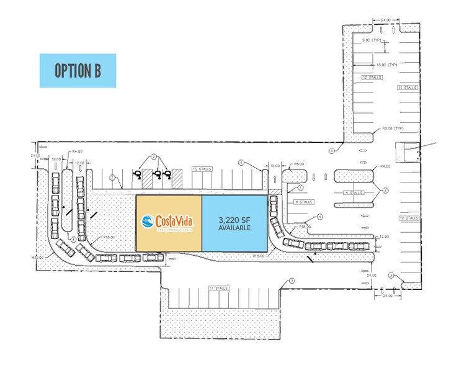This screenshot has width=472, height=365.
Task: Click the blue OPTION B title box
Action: click(78, 70)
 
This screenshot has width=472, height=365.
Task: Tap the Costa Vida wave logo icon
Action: click(147, 220)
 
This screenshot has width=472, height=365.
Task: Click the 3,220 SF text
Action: click(234, 220)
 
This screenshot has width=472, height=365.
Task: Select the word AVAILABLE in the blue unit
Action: click(234, 228)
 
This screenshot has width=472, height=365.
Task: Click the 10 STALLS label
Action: click(372, 78)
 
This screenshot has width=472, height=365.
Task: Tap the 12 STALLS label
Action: click(411, 218)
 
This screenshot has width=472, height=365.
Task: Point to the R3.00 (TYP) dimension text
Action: click(393, 128)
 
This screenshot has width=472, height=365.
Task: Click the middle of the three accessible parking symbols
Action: click(158, 175)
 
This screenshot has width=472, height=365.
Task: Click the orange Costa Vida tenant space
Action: click(169, 239)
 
